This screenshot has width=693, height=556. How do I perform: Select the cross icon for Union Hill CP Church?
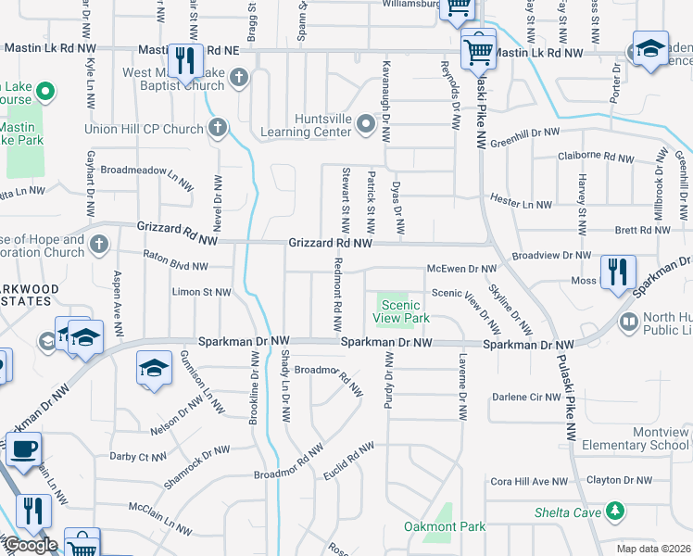point(218,129)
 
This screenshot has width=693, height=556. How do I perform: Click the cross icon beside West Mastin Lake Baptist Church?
point(239,76)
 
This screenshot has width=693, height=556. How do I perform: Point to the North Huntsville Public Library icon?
point(629,322)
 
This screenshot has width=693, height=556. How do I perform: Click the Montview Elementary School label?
point(636,438)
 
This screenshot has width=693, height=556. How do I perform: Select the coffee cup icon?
point(23,450)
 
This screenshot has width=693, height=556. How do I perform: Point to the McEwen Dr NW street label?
point(462,269)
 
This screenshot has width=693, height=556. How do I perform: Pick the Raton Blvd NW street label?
point(175,266)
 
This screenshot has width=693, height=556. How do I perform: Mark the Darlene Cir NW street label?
point(526,397)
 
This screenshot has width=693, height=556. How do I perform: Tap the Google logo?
point(30,545)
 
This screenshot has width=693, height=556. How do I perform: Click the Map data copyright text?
point(652,549)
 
